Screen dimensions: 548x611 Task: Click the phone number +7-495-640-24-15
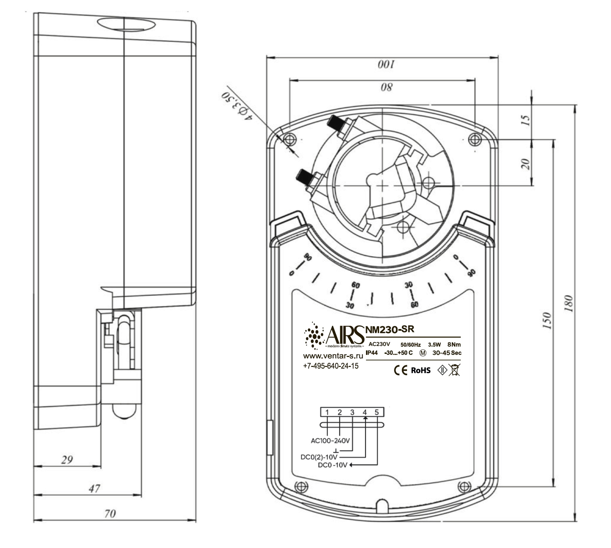pos(330,366)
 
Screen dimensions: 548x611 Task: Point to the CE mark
pos(400,370)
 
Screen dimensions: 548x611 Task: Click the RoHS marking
pos(421,370)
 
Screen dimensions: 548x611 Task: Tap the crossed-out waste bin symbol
pos(455,370)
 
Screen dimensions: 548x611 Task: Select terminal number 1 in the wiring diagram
pos(327,412)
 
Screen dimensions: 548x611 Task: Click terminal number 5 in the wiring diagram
pos(377,412)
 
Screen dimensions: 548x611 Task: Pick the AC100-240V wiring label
pos(330,441)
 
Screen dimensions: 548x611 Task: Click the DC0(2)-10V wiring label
pos(319,457)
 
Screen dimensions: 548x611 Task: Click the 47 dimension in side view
pos(94,488)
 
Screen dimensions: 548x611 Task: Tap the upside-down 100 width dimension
pos(386,64)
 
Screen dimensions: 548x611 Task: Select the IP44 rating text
pos(372,353)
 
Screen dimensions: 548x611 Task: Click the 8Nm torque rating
pos(454,344)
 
